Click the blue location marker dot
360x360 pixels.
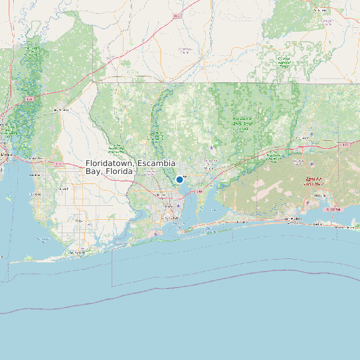(179, 179)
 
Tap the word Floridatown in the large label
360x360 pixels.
(110, 163)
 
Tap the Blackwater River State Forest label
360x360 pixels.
(242, 123)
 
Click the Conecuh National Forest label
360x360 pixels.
(284, 62)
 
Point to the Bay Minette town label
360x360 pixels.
(60, 109)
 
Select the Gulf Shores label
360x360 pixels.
(78, 252)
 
